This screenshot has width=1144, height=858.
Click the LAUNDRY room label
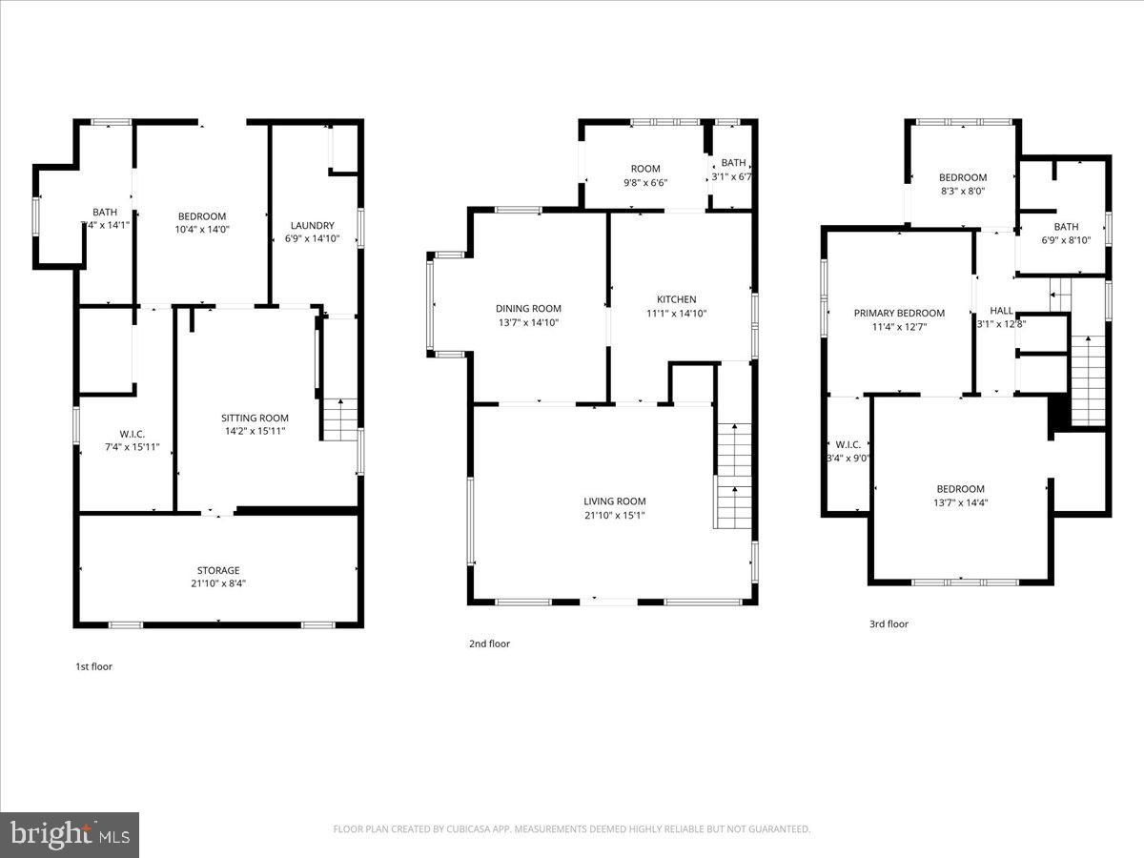312,226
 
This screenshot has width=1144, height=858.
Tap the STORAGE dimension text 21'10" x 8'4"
218,583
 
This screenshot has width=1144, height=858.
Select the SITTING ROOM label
255,418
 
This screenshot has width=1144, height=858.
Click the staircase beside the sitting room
339,419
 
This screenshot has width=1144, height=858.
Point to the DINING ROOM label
528,308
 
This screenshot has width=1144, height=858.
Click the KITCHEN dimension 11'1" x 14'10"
676,313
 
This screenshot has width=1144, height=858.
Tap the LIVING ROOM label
615,501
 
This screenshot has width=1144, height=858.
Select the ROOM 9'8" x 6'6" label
645,169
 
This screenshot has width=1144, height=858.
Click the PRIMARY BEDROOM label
899,313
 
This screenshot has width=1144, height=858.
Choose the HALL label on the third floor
1001,311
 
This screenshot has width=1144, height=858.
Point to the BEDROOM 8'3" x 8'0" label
963,177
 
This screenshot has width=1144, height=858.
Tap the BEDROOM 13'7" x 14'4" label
961,489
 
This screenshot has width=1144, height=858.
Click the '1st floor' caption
93,666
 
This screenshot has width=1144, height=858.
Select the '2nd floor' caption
489,643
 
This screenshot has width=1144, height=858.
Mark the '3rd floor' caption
889,624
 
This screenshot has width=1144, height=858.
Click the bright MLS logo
69,834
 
